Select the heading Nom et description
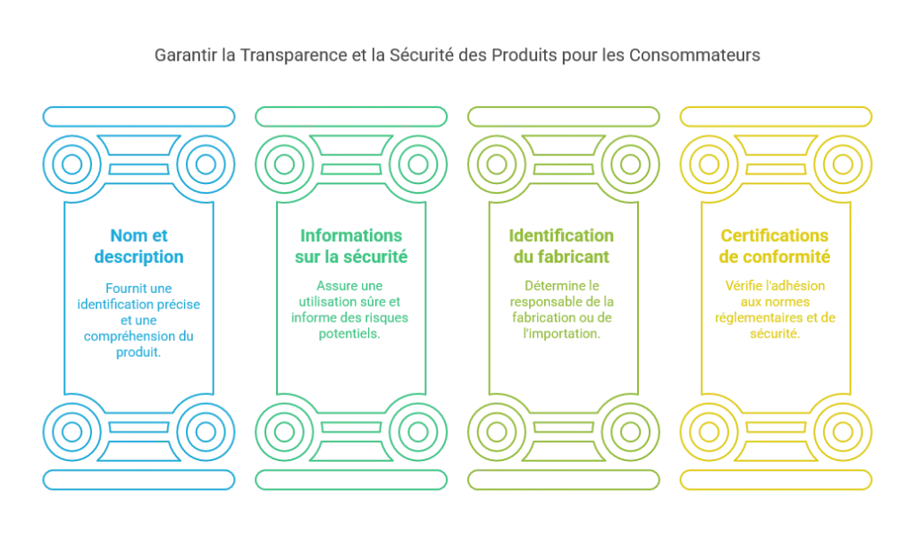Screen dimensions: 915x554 tap(139, 246)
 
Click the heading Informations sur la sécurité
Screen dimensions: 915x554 tap(351, 246)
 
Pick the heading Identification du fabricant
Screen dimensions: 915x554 tap(561, 246)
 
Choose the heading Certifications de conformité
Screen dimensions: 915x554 tap(775, 246)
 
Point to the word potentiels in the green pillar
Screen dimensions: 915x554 tap(349, 333)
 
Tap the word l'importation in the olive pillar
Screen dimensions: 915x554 tap(561, 333)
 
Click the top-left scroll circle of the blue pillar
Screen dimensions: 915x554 tap(71, 164)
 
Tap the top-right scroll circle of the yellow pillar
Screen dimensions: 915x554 tap(843, 164)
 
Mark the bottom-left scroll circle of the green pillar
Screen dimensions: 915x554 tap(284, 432)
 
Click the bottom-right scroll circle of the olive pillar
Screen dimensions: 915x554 tap(630, 432)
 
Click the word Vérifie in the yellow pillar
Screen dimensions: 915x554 tap(743, 285)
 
